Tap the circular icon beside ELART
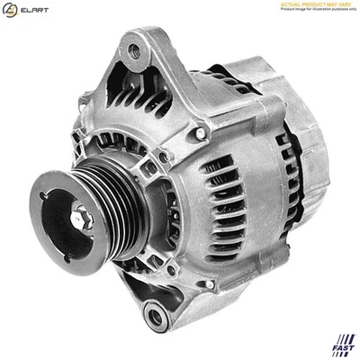pos(10,10)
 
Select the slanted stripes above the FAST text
pos(344,339)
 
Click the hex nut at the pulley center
pos(80,216)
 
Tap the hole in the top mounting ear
pos(135,52)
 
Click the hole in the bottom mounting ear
pos(156,316)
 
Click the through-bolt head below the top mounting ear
pos(200,132)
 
